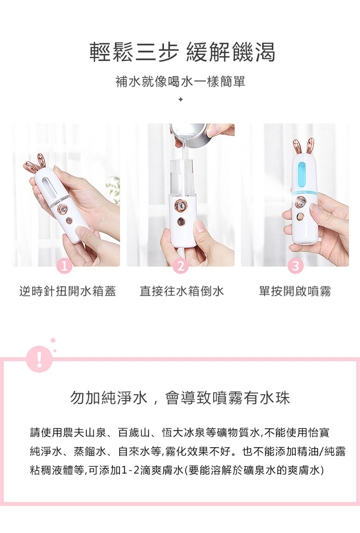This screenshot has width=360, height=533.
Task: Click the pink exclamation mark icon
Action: (39, 359)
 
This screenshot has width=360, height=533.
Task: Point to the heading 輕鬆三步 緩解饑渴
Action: (182, 52)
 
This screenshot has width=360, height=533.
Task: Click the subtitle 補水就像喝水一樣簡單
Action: (180, 82)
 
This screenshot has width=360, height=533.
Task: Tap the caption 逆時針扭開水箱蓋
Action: (68, 291)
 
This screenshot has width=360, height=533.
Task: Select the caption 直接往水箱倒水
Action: (181, 291)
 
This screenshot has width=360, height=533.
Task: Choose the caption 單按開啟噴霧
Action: (295, 291)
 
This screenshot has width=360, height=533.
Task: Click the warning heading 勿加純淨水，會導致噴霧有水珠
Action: (180, 398)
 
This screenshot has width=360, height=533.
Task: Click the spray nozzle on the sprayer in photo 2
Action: (180, 206)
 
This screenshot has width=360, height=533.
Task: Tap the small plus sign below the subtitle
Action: (180, 99)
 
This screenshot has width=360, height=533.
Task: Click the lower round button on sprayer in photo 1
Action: (69, 221)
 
